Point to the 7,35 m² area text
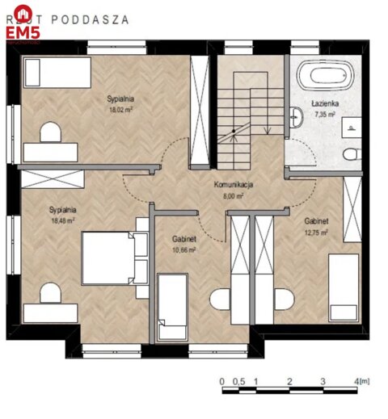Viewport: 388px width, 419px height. [x=325, y=115]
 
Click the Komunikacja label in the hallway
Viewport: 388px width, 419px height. [x=234, y=185]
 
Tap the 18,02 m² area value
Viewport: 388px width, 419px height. [x=120, y=109]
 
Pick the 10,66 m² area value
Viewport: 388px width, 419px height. [x=185, y=250]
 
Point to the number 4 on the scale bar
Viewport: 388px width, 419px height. [x=356, y=380]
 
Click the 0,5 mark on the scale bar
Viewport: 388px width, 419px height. [x=238, y=380]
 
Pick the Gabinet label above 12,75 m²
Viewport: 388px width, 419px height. [x=316, y=221]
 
